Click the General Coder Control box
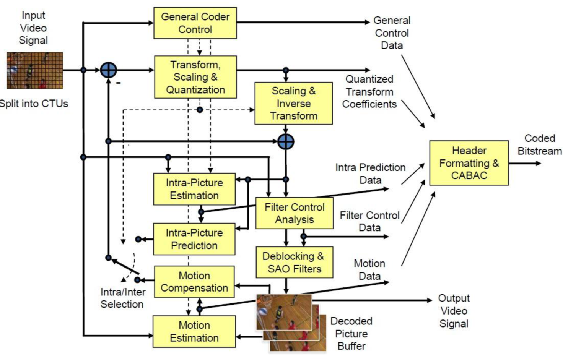[195, 23]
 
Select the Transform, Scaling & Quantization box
[195, 77]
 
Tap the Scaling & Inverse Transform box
[293, 103]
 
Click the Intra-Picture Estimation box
[194, 189]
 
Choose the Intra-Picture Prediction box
[194, 239]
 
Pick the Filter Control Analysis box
[294, 213]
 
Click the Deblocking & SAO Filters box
[294, 262]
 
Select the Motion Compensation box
[194, 282]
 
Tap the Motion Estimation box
[194, 331]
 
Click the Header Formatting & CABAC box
[469, 163]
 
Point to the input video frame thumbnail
[34, 70]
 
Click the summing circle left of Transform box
[108, 70]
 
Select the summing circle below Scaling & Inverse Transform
[286, 142]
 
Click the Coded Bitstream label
[539, 144]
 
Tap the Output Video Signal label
[454, 311]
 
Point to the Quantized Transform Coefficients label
[369, 92]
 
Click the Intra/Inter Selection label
[122, 298]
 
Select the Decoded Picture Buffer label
[351, 333]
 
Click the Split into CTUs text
[34, 104]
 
